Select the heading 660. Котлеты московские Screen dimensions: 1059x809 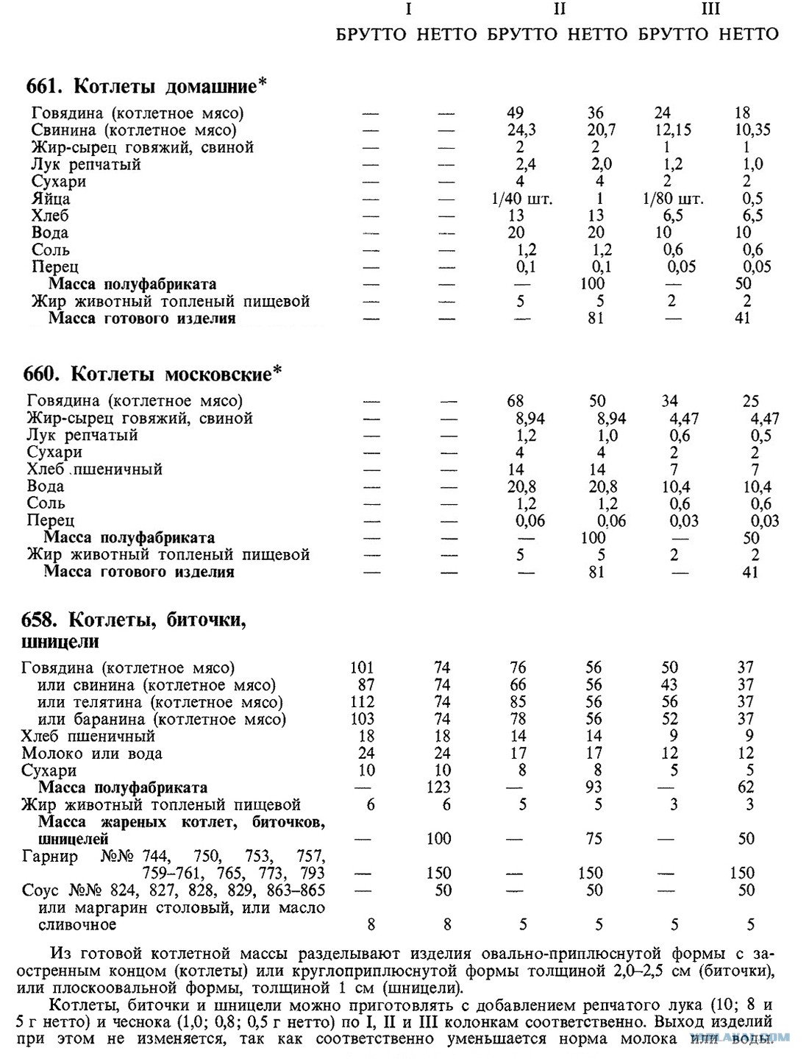pyautogui.click(x=152, y=374)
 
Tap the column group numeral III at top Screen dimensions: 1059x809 pyautogui.click(x=710, y=10)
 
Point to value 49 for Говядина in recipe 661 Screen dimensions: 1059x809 pyautogui.click(x=516, y=113)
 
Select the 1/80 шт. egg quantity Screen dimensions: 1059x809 pyautogui.click(x=672, y=199)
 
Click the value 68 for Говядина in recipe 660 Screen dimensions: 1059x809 pyautogui.click(x=516, y=401)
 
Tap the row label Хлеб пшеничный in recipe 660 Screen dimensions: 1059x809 pyautogui.click(x=94, y=470)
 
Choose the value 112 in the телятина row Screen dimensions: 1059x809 pyautogui.click(x=363, y=702)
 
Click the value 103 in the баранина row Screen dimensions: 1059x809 pyautogui.click(x=363, y=719)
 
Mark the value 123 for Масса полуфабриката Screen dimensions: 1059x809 pyautogui.click(x=439, y=787)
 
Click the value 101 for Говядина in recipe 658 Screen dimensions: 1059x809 pyautogui.click(x=363, y=667)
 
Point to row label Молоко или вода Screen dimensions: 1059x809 pyautogui.click(x=92, y=754)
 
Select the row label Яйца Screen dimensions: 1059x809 pyautogui.click(x=51, y=199)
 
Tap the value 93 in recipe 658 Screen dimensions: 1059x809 pyautogui.click(x=594, y=787)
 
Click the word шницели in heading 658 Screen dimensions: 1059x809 pyautogui.click(x=60, y=642)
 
